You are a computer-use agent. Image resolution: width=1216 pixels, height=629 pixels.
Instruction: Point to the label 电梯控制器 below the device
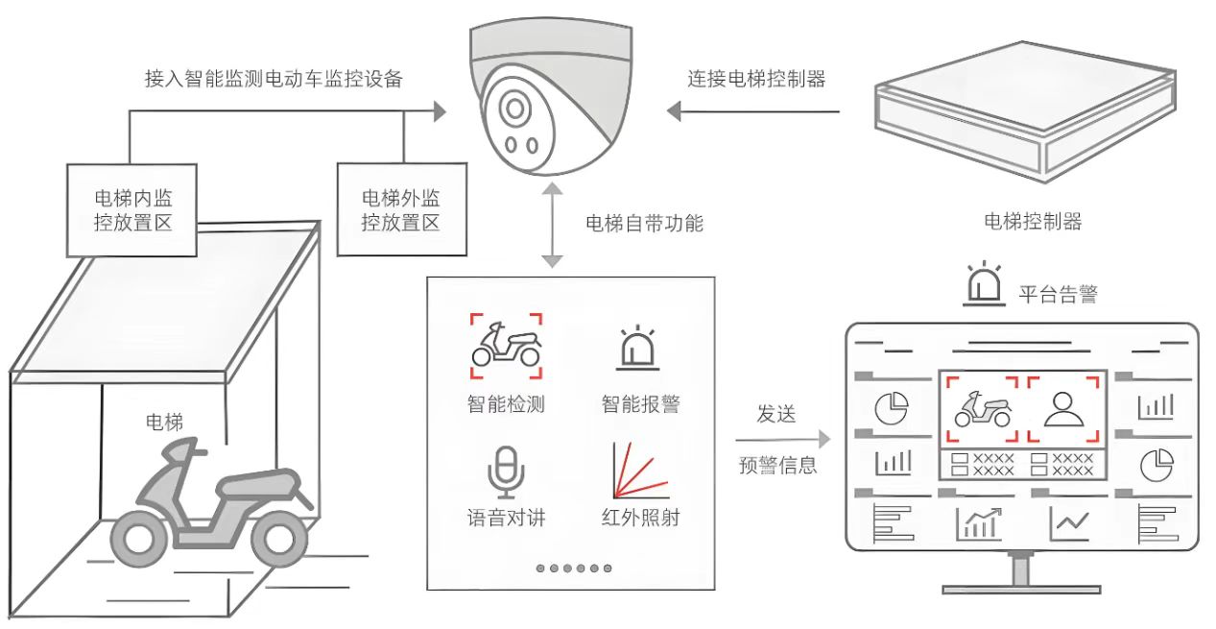pos(1033,222)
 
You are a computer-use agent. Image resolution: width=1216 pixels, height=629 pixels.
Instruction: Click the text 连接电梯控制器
pos(756,80)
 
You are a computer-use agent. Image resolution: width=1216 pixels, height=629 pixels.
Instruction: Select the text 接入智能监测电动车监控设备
pos(273,80)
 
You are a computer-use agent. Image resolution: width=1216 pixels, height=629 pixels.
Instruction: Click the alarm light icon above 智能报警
pos(635,351)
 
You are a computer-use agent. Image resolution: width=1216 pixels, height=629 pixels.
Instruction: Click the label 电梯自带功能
pos(644,224)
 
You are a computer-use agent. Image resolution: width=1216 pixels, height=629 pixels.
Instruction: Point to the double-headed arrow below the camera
pos(551,228)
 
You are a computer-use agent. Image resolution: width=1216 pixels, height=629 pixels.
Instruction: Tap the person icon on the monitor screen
pos(1061,409)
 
